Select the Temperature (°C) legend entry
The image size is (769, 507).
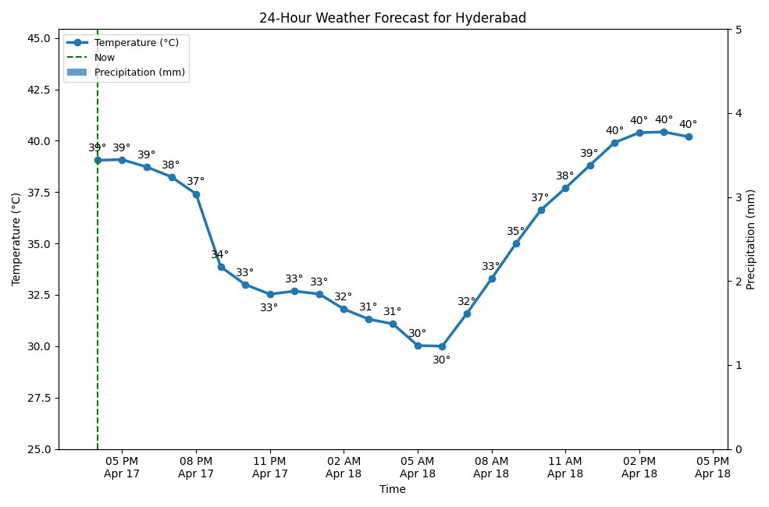pos(136,43)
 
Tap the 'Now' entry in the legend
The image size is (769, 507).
pos(104,58)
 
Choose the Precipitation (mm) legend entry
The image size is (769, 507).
pos(140,73)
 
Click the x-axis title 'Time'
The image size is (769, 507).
pos(392,490)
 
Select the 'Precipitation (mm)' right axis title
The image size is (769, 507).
pos(751,239)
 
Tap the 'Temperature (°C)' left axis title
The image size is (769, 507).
pos(16,239)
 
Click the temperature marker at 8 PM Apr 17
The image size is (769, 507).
pos(196,194)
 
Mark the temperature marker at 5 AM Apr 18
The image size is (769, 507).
pos(418,346)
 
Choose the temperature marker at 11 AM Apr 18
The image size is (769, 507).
pos(565,188)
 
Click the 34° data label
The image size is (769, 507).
pos(220,255)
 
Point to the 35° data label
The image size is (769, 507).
pos(516,232)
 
